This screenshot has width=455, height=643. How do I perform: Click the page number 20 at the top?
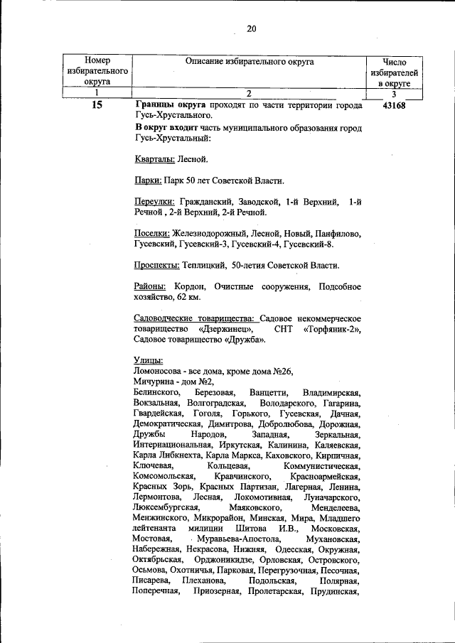(x=250, y=29)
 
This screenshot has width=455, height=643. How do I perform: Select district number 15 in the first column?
(x=97, y=106)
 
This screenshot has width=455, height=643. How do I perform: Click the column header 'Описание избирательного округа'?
(x=249, y=63)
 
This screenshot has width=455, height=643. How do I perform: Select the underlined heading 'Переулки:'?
(x=154, y=202)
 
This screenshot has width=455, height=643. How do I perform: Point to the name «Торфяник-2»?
(x=331, y=329)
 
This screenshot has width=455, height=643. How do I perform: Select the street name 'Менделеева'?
(x=335, y=507)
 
